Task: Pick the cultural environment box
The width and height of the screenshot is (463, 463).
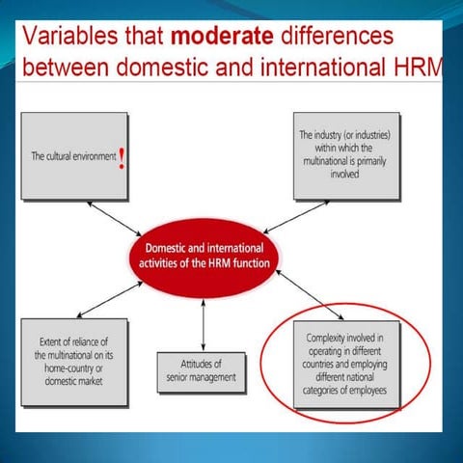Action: (x=75, y=155)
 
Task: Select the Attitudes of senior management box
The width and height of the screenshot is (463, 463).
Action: (x=202, y=370)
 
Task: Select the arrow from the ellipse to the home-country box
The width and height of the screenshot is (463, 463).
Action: (x=108, y=300)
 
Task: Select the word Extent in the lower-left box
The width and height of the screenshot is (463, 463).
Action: (x=55, y=341)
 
